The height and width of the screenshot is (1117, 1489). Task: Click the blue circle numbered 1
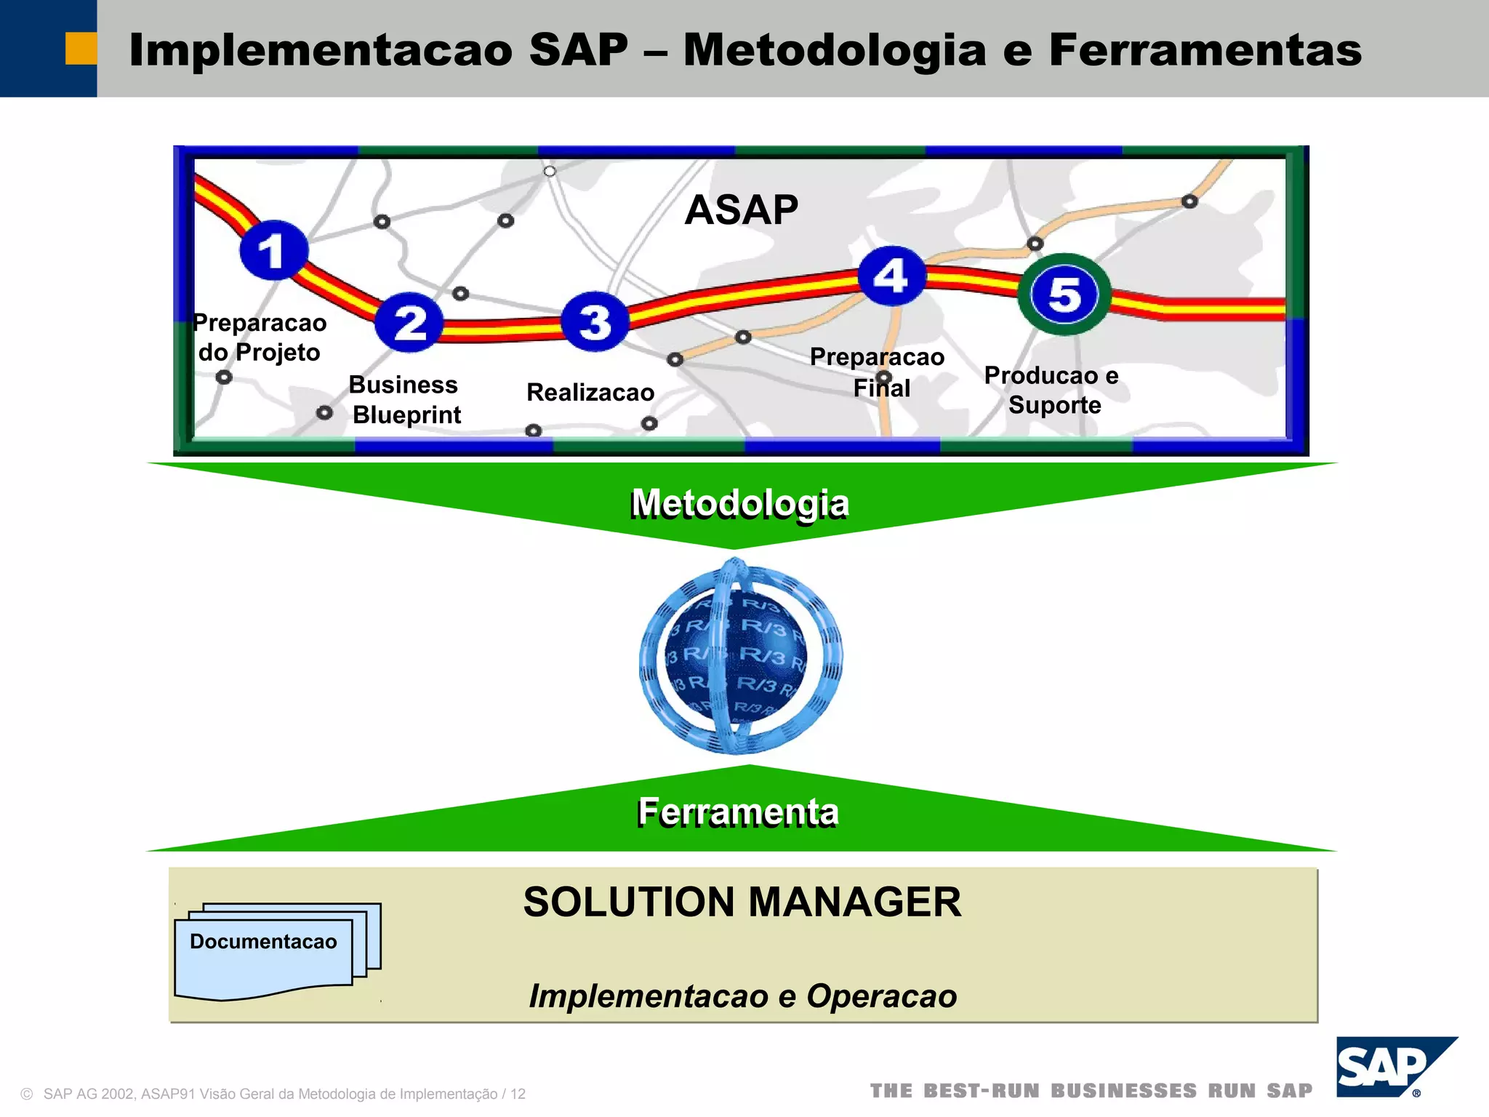click(273, 250)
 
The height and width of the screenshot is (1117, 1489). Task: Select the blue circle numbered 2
click(409, 322)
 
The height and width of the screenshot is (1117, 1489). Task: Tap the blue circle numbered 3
click(595, 321)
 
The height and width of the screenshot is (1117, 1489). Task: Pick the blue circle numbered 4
click(891, 276)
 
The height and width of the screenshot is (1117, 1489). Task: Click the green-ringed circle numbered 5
click(1064, 295)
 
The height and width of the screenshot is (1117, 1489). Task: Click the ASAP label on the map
click(741, 210)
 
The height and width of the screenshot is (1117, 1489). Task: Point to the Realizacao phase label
click(590, 393)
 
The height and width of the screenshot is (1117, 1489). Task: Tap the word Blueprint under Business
click(406, 415)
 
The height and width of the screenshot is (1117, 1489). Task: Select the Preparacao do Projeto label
click(260, 337)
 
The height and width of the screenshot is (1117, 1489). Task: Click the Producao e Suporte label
click(1052, 390)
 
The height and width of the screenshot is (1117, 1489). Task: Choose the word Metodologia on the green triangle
click(739, 503)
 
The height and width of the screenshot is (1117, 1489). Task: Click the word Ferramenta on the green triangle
click(738, 812)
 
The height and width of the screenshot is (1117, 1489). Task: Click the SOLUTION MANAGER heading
click(742, 902)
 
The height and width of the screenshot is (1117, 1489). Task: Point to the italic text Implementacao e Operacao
click(742, 996)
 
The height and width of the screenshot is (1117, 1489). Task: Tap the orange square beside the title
click(81, 49)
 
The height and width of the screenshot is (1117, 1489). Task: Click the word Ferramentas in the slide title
click(1205, 50)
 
